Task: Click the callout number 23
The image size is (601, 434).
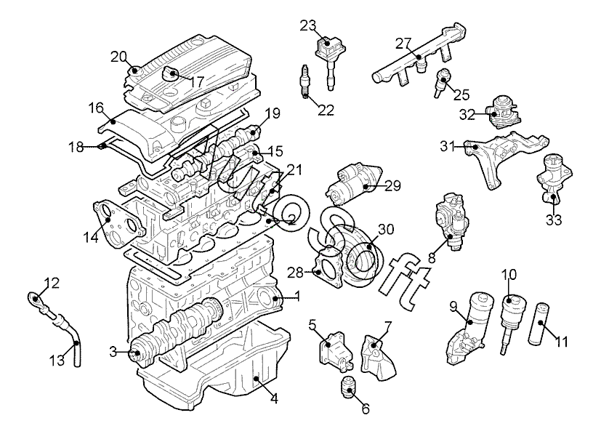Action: pyautogui.click(x=308, y=26)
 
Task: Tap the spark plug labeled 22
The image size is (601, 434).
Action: pyautogui.click(x=304, y=81)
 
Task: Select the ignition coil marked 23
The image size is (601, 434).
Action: pyautogui.click(x=330, y=59)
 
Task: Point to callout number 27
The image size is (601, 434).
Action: pyautogui.click(x=403, y=44)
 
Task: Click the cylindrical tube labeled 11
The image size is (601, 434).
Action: pyautogui.click(x=541, y=324)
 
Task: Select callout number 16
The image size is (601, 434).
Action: pyautogui.click(x=96, y=108)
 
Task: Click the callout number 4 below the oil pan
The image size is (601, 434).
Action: pyautogui.click(x=274, y=398)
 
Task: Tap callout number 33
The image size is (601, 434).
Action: pyautogui.click(x=554, y=220)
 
